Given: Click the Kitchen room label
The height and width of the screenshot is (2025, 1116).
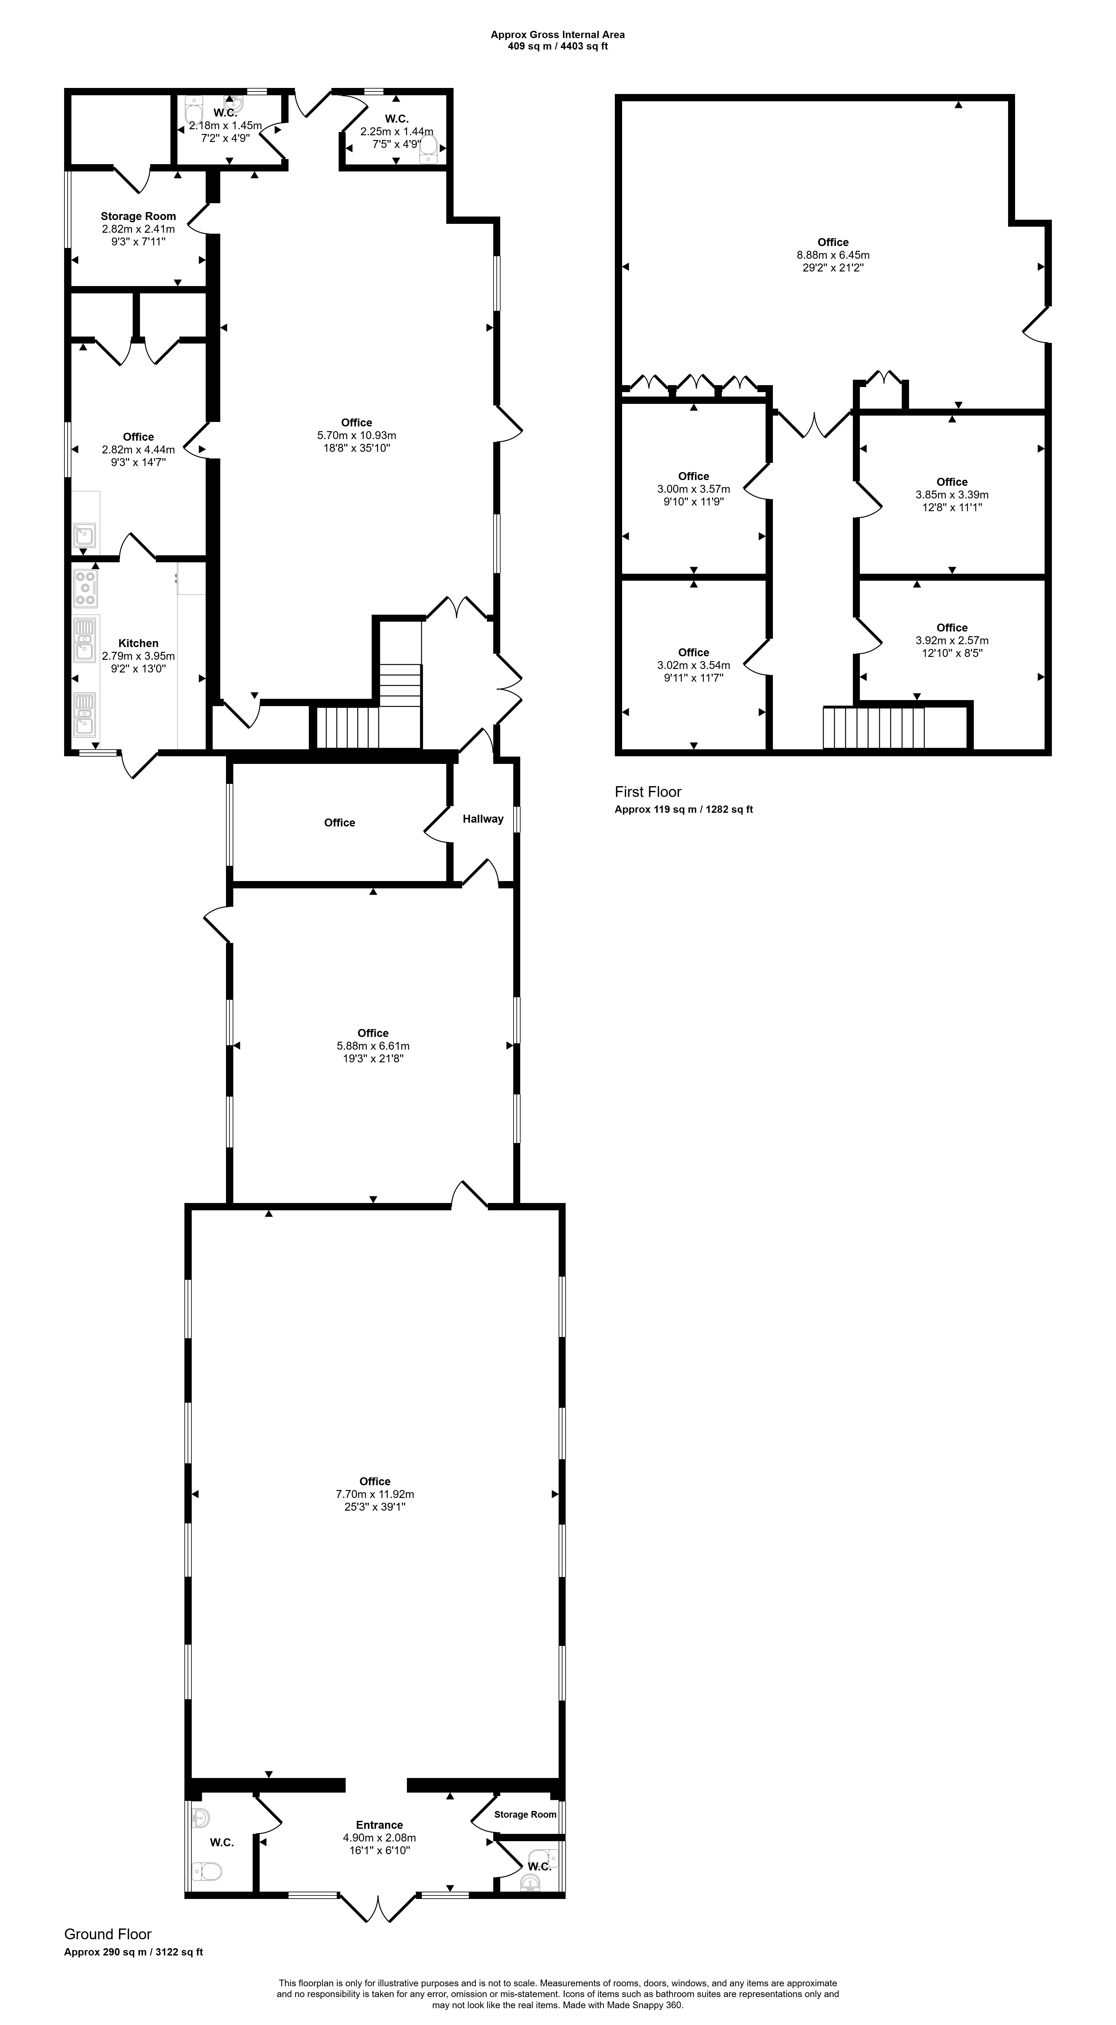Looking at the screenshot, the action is point(138,643).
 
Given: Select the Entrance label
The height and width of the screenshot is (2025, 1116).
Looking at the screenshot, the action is point(380,1825).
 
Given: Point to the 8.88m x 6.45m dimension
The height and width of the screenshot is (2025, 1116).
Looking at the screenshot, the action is point(833,255).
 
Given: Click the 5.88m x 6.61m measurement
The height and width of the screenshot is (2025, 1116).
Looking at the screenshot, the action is point(373,1046).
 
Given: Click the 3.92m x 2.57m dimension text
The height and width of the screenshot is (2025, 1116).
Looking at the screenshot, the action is point(952,640).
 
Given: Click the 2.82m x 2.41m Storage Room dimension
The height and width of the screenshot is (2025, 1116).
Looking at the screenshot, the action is point(138,229).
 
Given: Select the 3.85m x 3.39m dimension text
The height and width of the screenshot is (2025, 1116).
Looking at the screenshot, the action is point(952,494).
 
